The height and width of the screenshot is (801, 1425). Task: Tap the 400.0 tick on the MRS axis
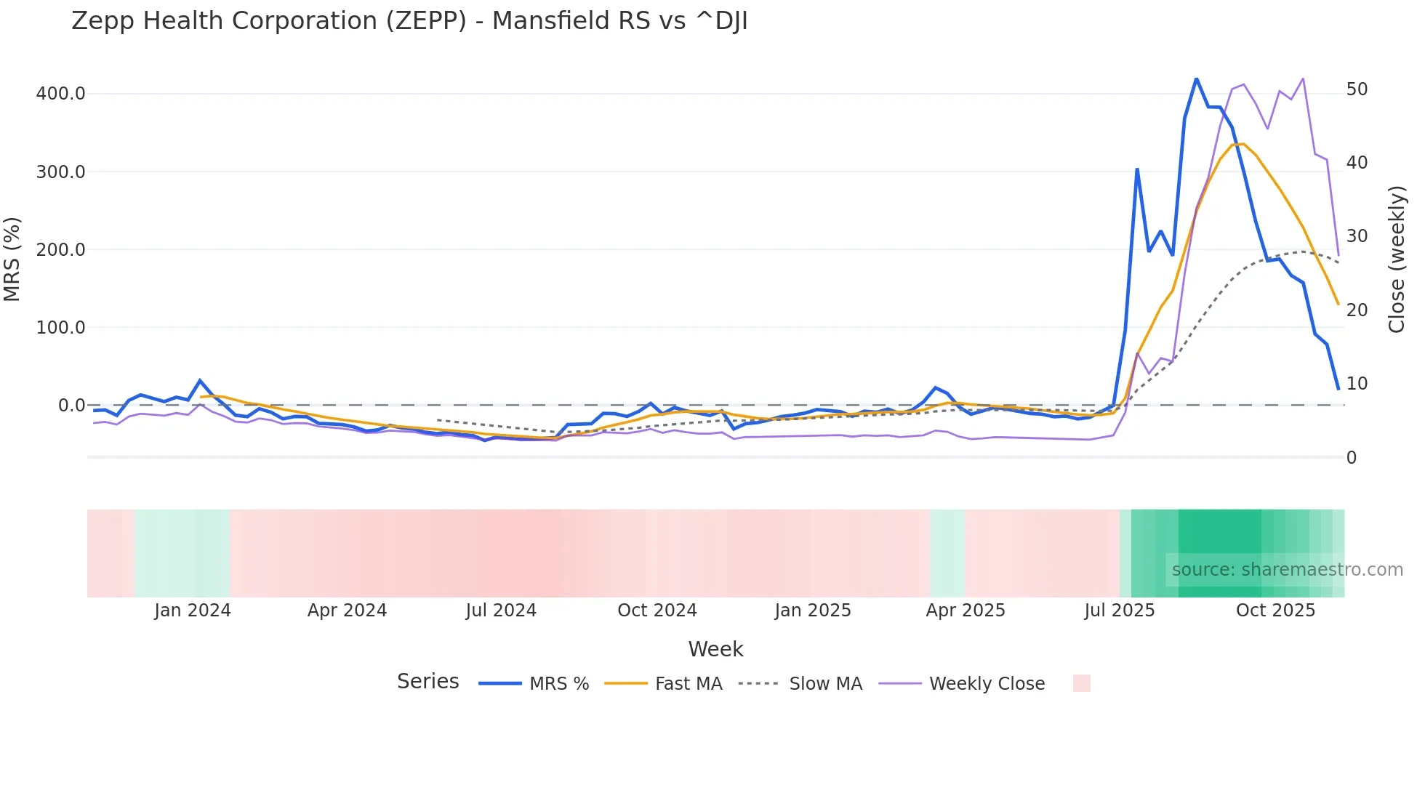point(61,94)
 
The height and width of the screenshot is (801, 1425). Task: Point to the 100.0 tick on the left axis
point(61,328)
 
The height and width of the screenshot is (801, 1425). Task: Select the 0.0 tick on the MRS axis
point(71,406)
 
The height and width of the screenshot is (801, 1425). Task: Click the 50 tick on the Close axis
point(1357,89)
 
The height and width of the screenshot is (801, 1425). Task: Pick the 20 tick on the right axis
point(1357,310)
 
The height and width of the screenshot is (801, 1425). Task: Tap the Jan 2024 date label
point(193,611)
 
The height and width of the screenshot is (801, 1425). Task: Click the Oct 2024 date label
point(657,611)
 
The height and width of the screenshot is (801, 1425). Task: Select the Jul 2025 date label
point(1120,611)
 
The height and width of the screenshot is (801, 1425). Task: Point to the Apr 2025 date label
point(966,611)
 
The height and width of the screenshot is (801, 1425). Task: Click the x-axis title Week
point(715,649)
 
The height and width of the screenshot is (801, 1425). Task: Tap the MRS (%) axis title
point(12,259)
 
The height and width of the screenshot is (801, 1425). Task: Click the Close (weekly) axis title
point(1396,259)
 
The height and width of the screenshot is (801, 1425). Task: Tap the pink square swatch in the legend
point(1081,683)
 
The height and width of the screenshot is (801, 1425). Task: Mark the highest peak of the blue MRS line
point(1196,79)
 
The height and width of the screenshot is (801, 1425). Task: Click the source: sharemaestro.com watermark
point(1287,570)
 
